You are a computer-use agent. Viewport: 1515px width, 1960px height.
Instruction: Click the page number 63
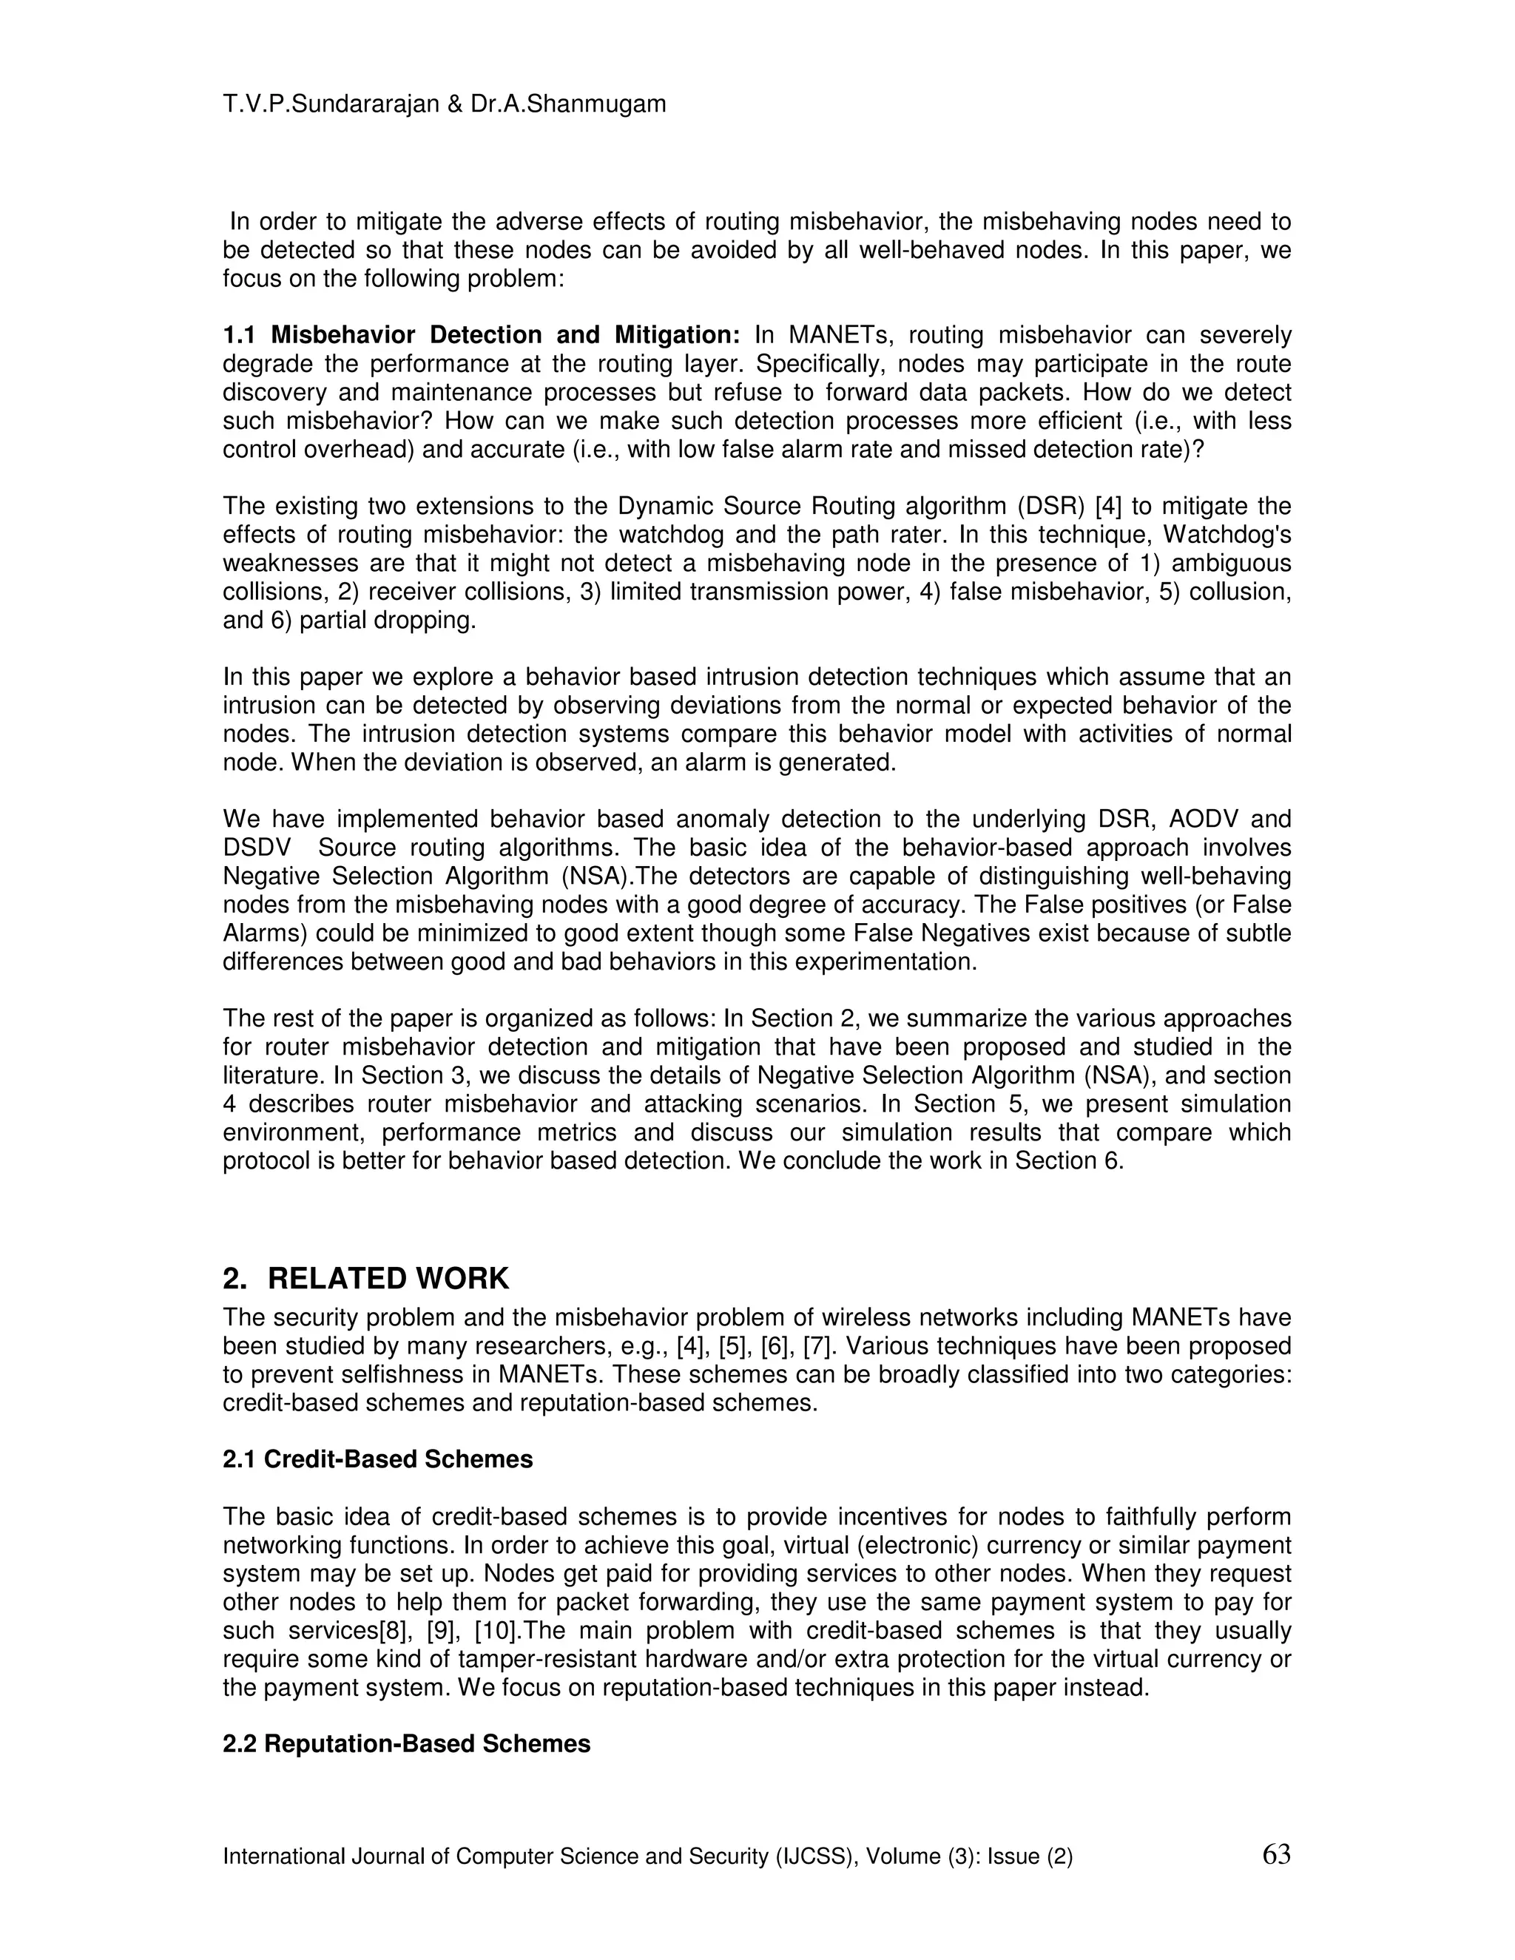[x=1275, y=1853]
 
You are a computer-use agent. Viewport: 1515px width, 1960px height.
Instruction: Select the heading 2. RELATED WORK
[x=365, y=1278]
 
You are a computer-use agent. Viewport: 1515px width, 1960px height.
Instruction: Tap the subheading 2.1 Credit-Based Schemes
[x=377, y=1459]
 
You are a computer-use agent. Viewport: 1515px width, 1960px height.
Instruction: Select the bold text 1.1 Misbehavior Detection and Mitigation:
[x=481, y=336]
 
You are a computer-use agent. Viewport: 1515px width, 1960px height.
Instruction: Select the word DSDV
[x=257, y=848]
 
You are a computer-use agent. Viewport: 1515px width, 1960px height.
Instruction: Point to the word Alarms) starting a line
[x=265, y=933]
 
